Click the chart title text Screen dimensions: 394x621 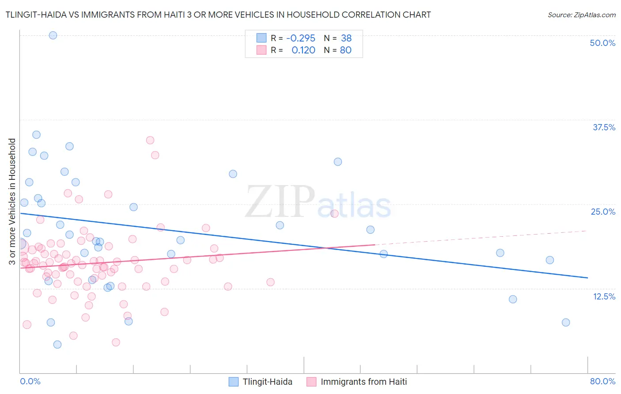[x=218, y=15]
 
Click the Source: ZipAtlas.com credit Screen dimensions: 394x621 [x=581, y=15]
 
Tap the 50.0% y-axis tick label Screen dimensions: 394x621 [x=602, y=43]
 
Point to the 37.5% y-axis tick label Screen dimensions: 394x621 [x=604, y=127]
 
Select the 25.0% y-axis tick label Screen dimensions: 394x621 [x=603, y=212]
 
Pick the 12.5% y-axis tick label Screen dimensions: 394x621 [x=604, y=296]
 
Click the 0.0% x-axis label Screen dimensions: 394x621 [x=30, y=381]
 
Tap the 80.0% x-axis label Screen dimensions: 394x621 [x=602, y=381]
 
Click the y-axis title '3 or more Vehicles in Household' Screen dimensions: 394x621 [x=12, y=201]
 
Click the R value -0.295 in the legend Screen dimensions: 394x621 [x=301, y=38]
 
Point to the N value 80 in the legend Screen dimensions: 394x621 [x=345, y=50]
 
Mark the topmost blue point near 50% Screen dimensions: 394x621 [x=53, y=35]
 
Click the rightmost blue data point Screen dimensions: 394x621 [x=566, y=322]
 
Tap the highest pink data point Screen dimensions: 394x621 [x=150, y=140]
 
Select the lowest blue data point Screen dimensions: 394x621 [x=57, y=345]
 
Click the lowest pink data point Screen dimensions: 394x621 [x=116, y=342]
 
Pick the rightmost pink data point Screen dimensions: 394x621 [x=334, y=214]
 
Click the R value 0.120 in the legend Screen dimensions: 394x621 [x=303, y=50]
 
